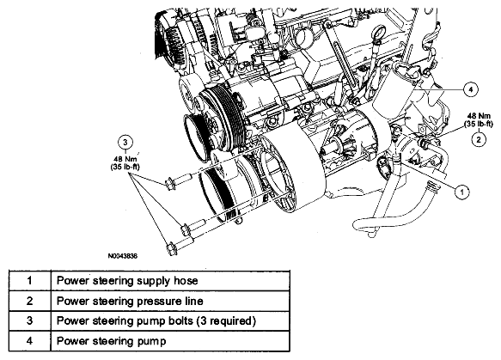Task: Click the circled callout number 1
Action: [x=461, y=192]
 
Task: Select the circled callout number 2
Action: [x=479, y=139]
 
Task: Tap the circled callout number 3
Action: [x=125, y=142]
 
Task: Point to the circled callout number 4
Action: [x=470, y=89]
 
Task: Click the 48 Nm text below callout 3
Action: [x=125, y=159]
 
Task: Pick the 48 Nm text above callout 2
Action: [x=479, y=116]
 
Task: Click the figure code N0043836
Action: [x=123, y=256]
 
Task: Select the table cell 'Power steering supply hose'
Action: [x=170, y=280]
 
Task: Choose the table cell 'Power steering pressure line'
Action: [x=170, y=301]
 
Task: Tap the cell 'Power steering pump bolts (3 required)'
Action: [x=170, y=320]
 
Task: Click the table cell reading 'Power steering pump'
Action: [x=170, y=341]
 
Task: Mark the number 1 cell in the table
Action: [x=30, y=280]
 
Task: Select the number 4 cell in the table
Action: [x=30, y=341]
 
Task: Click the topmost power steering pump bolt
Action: [x=178, y=180]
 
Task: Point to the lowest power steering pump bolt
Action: [x=180, y=245]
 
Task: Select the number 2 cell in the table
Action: [x=30, y=301]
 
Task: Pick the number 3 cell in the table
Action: [x=30, y=320]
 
